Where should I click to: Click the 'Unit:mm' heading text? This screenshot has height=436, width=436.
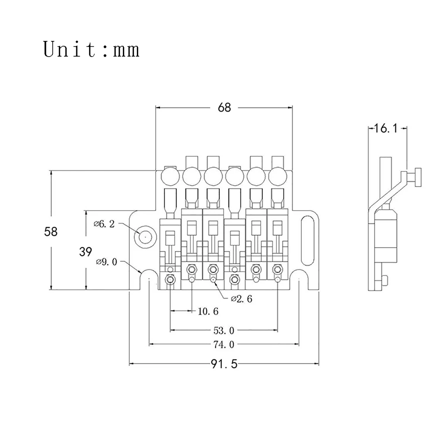click(x=91, y=50)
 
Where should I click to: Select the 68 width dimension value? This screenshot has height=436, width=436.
click(x=224, y=107)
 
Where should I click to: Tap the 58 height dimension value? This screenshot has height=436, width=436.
click(x=51, y=232)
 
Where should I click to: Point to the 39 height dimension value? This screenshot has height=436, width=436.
click(x=85, y=252)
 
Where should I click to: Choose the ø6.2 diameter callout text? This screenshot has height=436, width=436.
click(x=104, y=224)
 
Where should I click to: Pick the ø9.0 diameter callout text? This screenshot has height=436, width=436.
click(x=106, y=262)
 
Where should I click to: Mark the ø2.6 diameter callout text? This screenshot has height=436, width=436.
click(x=242, y=299)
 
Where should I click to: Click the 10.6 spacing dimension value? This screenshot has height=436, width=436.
click(x=208, y=311)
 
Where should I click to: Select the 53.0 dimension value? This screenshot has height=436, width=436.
click(x=224, y=330)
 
